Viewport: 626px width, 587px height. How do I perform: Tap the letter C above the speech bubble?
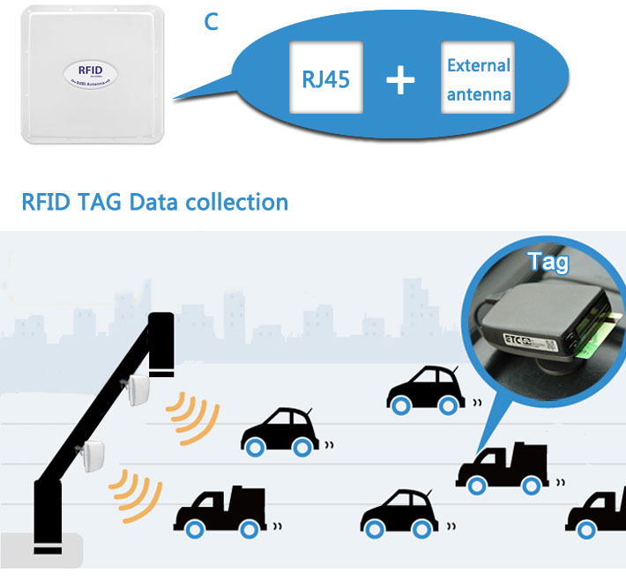tap(211, 22)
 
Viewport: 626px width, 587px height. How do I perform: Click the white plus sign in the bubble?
tap(400, 81)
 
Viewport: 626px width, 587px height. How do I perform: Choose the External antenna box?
tap(479, 80)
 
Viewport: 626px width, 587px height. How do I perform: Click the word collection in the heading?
tap(237, 202)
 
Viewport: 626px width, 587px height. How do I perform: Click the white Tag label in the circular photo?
tap(547, 261)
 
